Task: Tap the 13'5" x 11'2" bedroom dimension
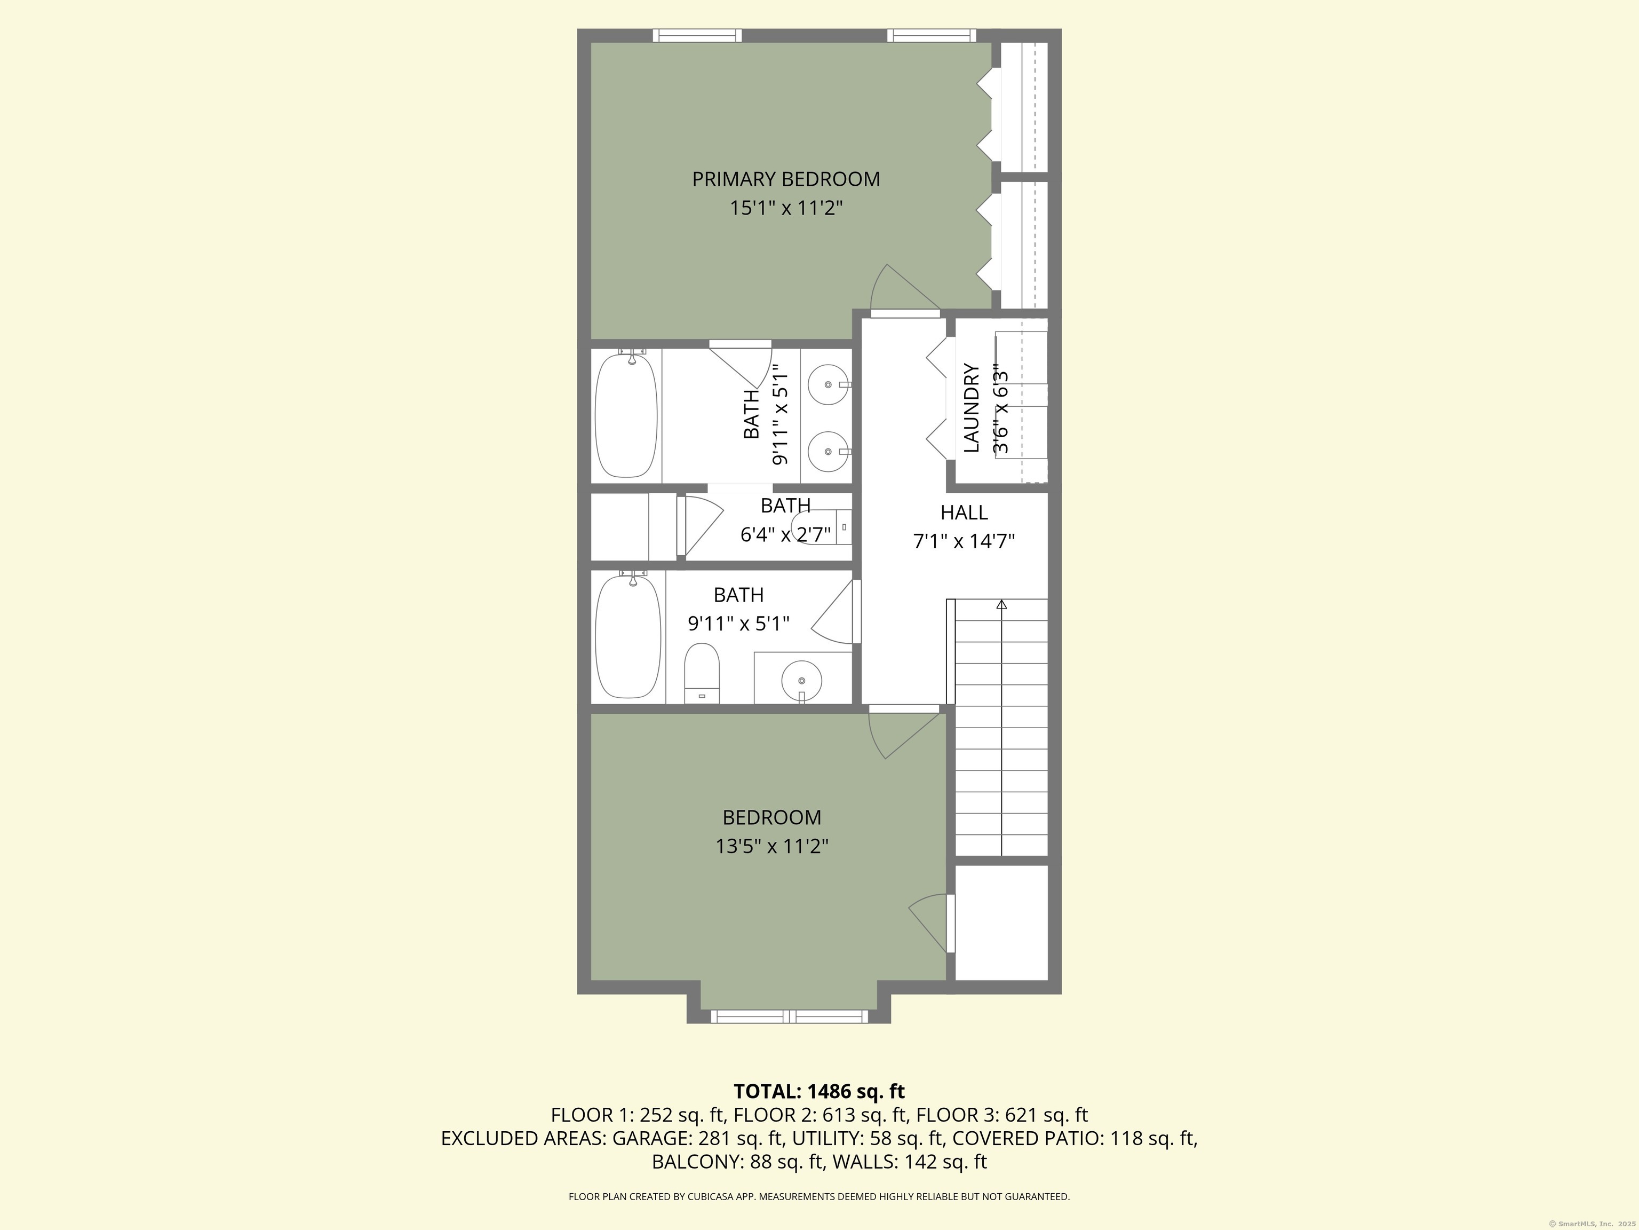[771, 847]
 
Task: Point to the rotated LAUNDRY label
[972, 408]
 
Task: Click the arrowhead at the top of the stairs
[1002, 604]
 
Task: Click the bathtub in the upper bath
[626, 416]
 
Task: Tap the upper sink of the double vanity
[827, 385]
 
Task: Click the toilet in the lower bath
[702, 673]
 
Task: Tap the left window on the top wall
[696, 35]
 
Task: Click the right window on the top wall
[932, 35]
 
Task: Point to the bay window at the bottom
[789, 1016]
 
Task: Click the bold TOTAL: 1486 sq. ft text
[819, 1091]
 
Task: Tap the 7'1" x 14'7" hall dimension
[963, 542]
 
